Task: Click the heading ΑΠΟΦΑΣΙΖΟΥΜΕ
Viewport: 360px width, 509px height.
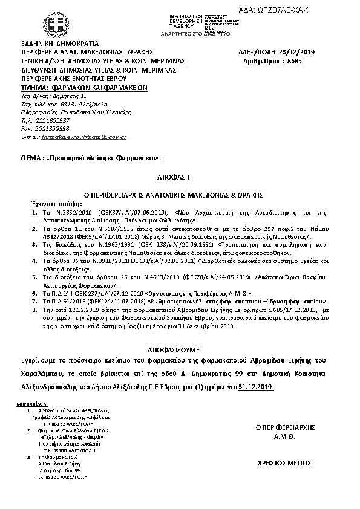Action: (x=180, y=349)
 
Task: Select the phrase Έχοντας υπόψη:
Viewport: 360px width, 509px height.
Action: (x=51, y=204)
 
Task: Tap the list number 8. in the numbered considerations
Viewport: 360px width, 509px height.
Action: (x=34, y=308)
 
